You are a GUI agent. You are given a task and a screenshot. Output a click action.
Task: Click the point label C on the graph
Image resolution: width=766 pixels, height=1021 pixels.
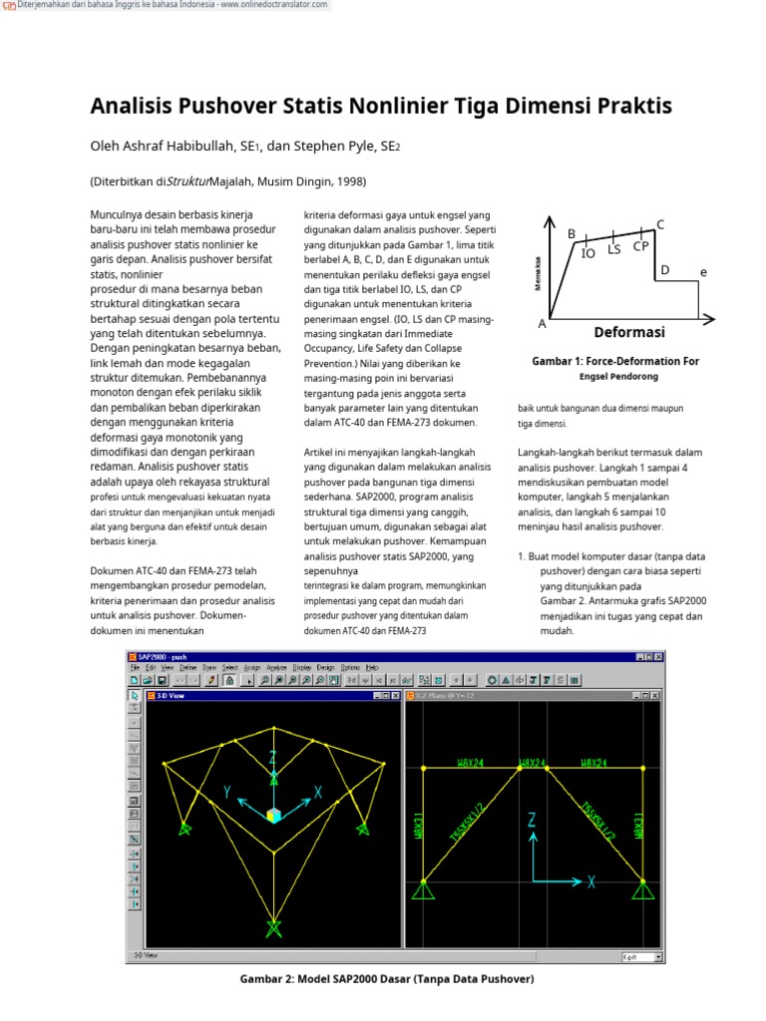(x=660, y=224)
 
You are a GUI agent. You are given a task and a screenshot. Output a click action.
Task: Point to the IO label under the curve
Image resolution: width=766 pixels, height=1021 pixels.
(x=588, y=253)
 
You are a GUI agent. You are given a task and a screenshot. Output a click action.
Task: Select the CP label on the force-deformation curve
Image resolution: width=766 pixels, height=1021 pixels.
(x=641, y=245)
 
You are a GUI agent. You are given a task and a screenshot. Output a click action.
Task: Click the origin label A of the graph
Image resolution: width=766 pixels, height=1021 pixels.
(x=543, y=324)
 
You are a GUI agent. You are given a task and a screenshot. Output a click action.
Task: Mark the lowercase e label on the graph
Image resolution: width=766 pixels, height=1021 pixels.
(x=703, y=271)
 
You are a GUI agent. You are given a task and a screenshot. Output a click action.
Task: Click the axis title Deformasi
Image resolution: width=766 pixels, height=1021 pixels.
(x=629, y=332)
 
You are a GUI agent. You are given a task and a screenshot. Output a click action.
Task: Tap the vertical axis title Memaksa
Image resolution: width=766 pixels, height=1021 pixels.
(x=538, y=271)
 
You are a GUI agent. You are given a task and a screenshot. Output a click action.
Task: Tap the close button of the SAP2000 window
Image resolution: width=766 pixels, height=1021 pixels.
(x=657, y=656)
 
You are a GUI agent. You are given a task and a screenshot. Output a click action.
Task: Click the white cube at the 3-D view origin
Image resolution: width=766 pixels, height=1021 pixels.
(x=273, y=816)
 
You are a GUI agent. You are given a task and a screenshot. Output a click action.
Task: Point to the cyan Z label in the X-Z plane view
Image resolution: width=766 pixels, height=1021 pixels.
(x=532, y=820)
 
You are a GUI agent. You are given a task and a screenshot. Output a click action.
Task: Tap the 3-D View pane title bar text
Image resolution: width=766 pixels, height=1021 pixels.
(x=171, y=695)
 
